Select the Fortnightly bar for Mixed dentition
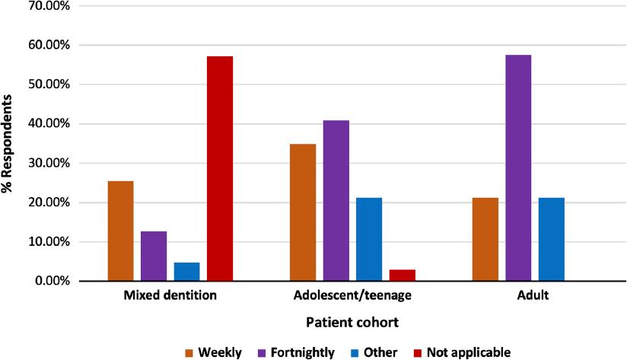click(154, 256)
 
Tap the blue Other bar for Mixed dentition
click(186, 272)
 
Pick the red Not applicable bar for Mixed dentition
click(220, 168)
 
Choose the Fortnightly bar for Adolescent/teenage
click(336, 200)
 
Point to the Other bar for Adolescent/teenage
click(369, 239)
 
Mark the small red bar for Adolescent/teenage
click(402, 275)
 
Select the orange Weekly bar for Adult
click(485, 239)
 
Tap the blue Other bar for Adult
click(551, 239)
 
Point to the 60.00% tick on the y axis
click(49, 45)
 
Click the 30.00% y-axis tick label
click(49, 163)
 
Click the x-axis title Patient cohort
click(352, 323)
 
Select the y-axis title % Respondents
click(9, 144)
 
